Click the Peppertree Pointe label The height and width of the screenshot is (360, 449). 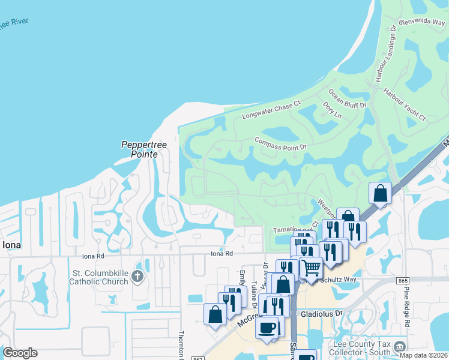[139, 149]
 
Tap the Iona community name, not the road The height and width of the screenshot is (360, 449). [12, 245]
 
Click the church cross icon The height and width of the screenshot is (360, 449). [137, 277]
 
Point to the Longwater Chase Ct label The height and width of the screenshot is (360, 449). [271, 109]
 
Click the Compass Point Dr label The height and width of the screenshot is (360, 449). [280, 144]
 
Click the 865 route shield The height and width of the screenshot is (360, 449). [403, 280]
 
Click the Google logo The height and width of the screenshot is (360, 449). [20, 353]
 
